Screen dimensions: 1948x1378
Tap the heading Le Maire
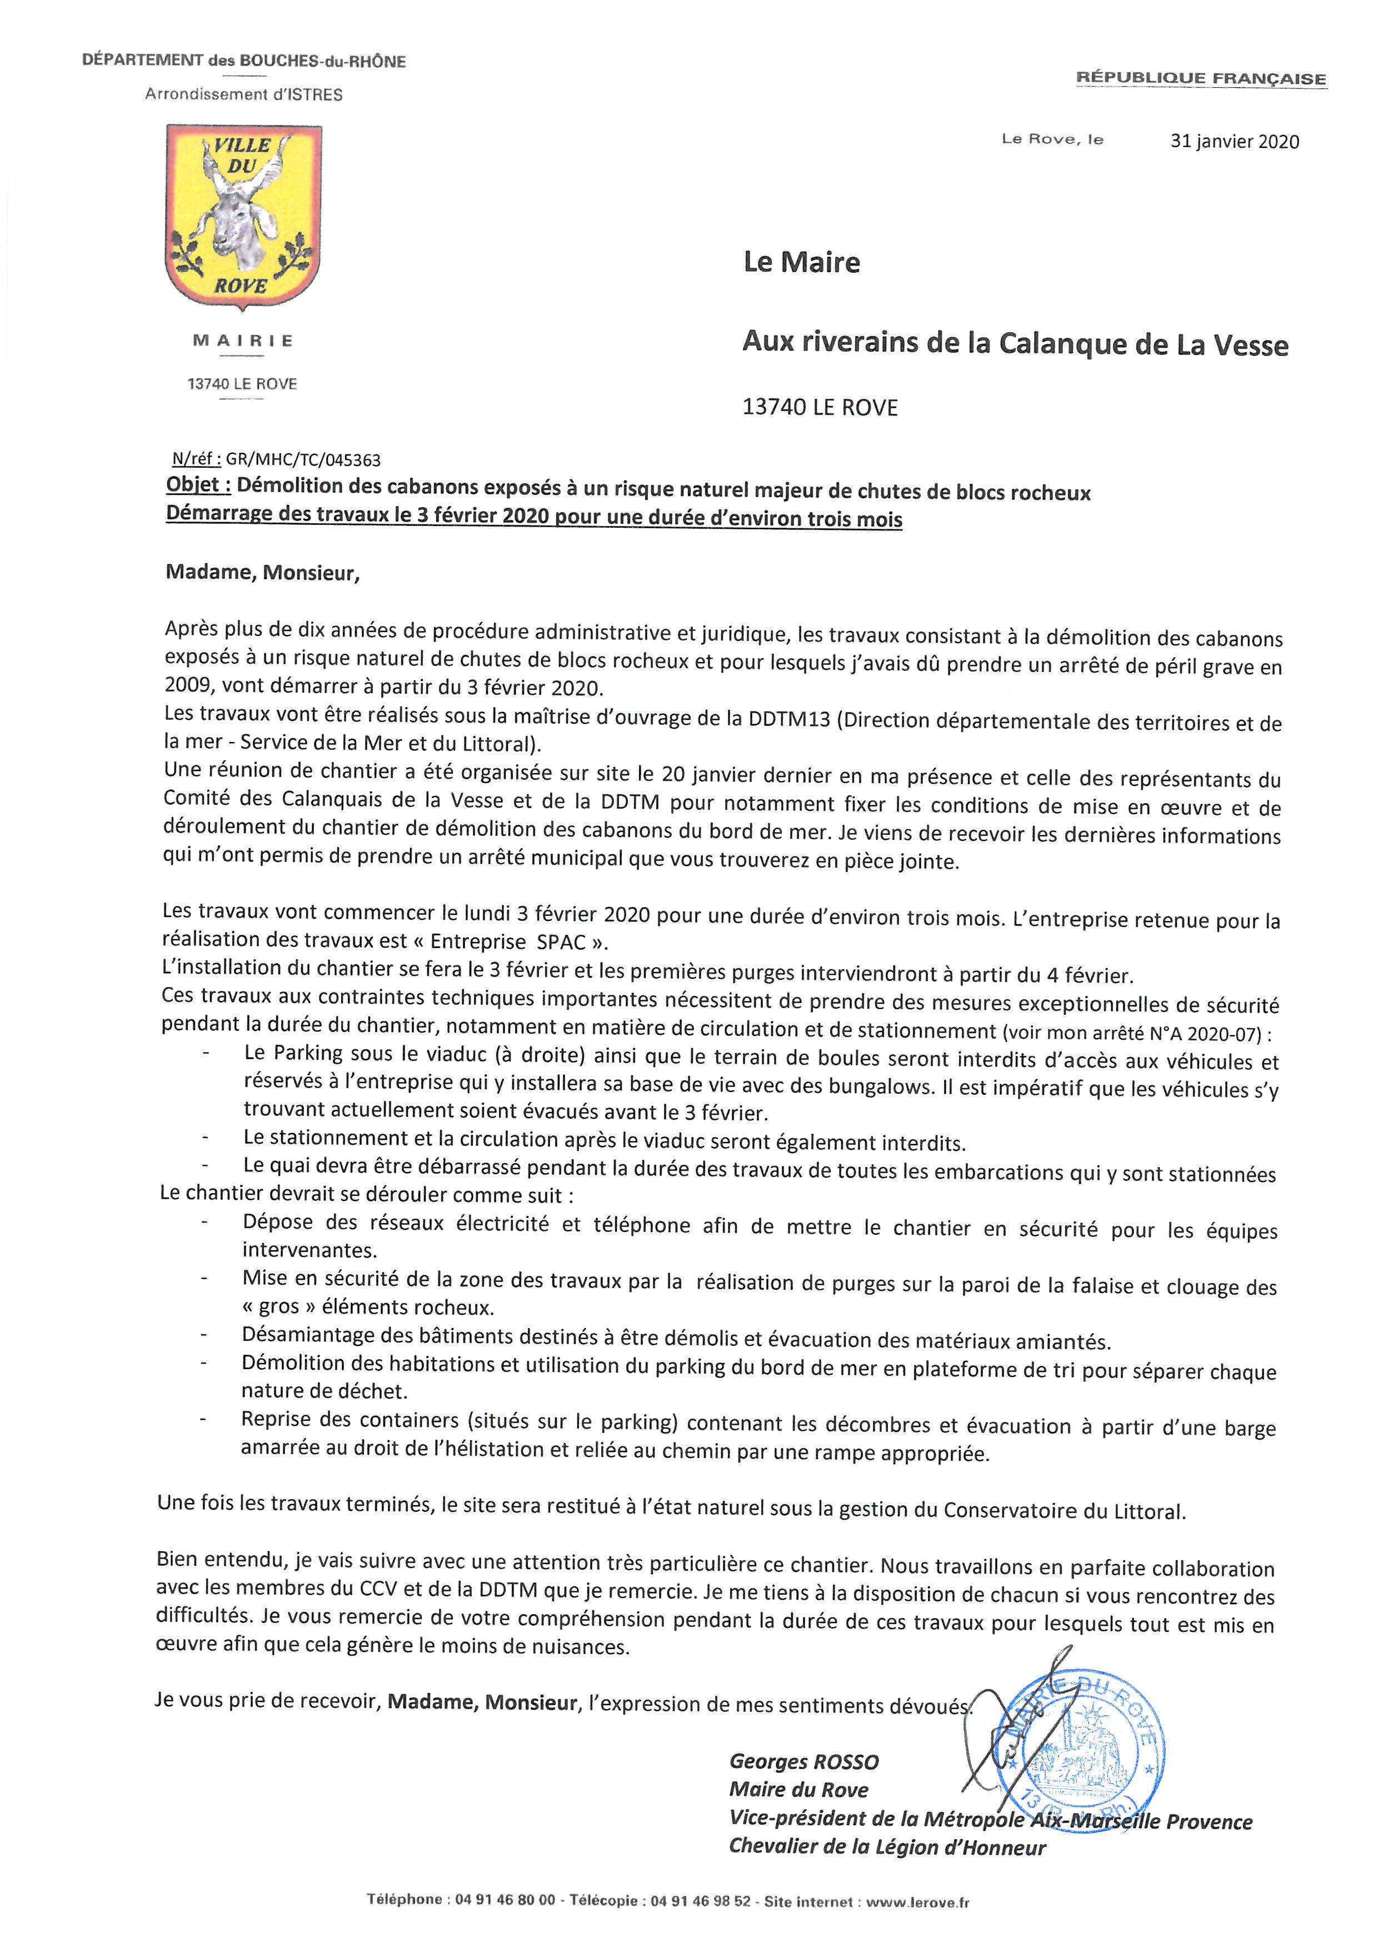(801, 262)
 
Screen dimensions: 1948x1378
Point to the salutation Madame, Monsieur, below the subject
(262, 573)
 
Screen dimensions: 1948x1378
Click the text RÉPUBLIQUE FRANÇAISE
(1201, 78)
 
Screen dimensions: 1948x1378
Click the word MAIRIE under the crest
(243, 340)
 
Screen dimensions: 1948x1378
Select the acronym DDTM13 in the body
(788, 719)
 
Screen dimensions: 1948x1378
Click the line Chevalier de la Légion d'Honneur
(887, 1847)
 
